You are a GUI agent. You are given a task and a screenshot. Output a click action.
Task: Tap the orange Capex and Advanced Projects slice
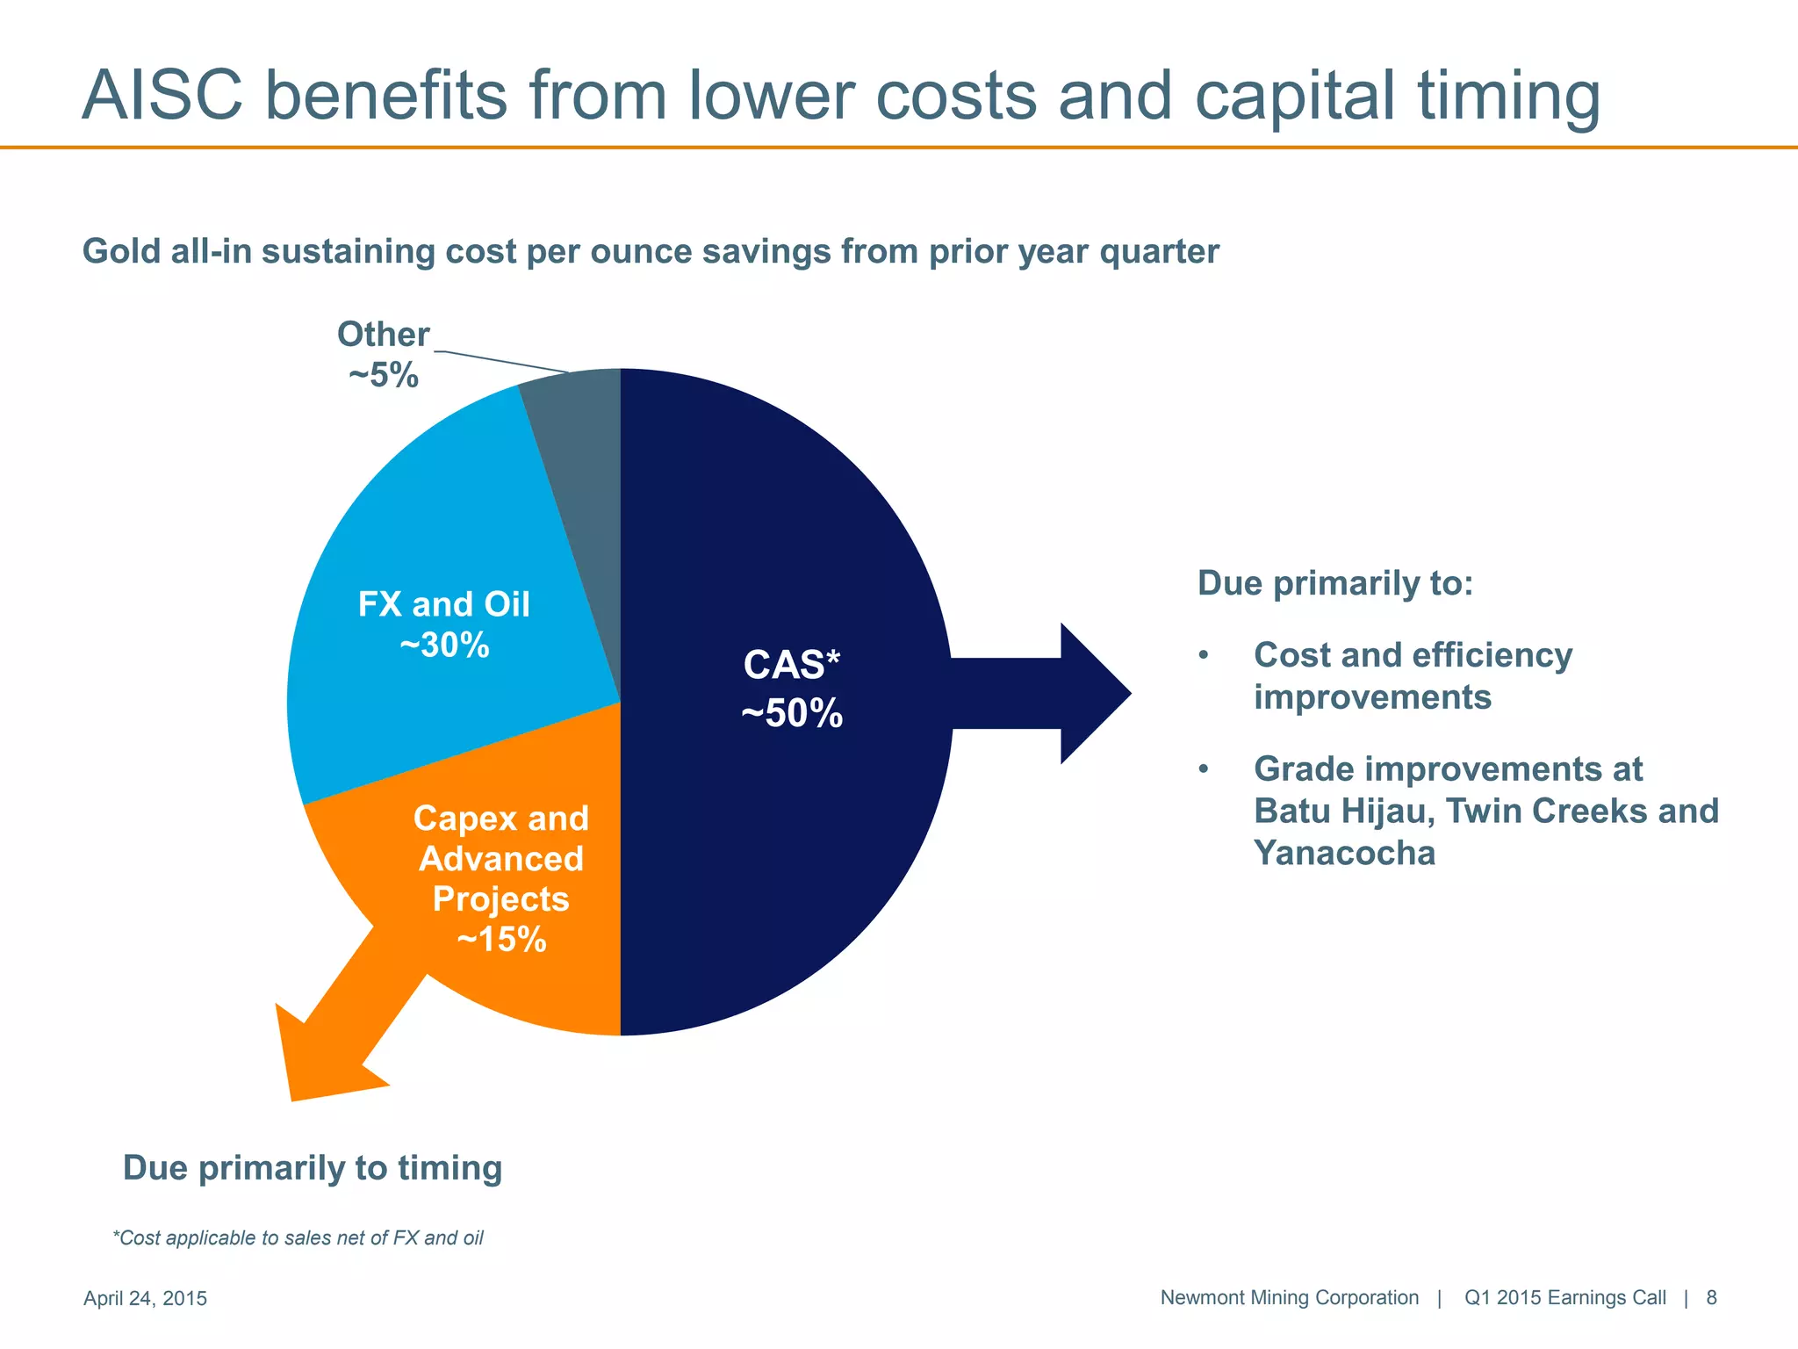point(527,984)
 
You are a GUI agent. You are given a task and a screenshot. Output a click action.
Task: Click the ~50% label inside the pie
point(792,713)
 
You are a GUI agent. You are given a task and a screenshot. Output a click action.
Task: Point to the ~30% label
point(444,646)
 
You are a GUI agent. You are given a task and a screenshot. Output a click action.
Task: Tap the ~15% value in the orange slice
point(501,940)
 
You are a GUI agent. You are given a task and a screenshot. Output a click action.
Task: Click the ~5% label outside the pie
point(384,376)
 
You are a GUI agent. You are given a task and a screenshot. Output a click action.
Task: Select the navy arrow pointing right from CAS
point(1054,693)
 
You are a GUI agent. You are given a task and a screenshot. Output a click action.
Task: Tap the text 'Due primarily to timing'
point(313,1168)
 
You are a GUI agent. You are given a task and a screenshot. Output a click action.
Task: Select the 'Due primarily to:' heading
point(1335,583)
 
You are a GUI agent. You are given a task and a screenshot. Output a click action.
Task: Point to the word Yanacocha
point(1344,853)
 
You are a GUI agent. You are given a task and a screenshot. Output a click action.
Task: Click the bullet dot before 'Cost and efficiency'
point(1204,656)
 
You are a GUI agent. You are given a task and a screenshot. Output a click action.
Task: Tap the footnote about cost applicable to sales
point(298,1237)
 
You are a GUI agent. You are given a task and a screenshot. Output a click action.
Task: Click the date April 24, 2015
point(145,1298)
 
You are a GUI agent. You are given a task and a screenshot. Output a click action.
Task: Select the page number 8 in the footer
point(1711,1297)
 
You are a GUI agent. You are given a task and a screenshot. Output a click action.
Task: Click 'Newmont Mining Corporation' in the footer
point(1289,1297)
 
